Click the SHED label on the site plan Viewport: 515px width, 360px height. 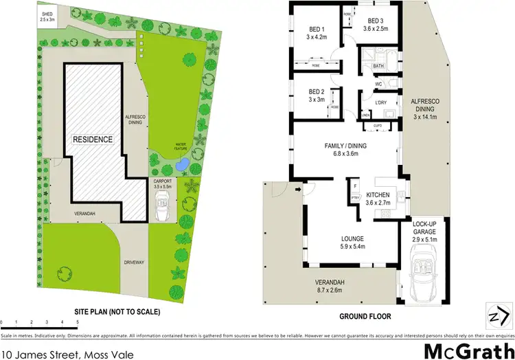click(x=47, y=14)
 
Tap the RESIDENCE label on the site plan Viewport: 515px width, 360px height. click(x=93, y=139)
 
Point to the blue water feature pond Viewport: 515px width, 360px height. click(x=181, y=166)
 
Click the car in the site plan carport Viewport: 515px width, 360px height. click(x=163, y=203)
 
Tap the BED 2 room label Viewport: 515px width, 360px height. click(x=317, y=92)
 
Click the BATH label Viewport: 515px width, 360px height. click(x=378, y=66)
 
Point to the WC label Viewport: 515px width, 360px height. click(x=378, y=85)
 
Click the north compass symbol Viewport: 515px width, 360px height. click(x=495, y=311)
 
